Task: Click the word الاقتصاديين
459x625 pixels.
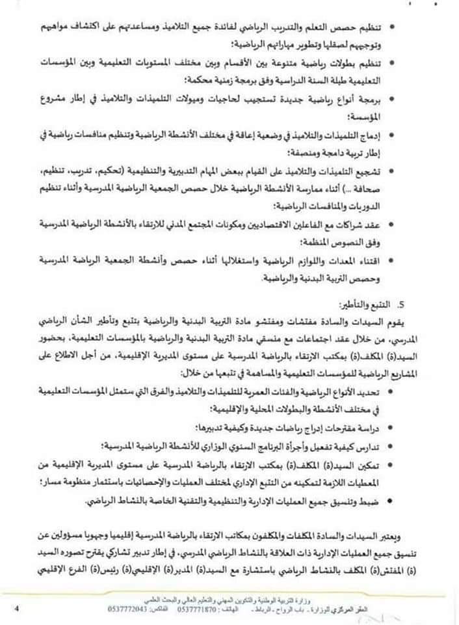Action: pyautogui.click(x=282, y=223)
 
